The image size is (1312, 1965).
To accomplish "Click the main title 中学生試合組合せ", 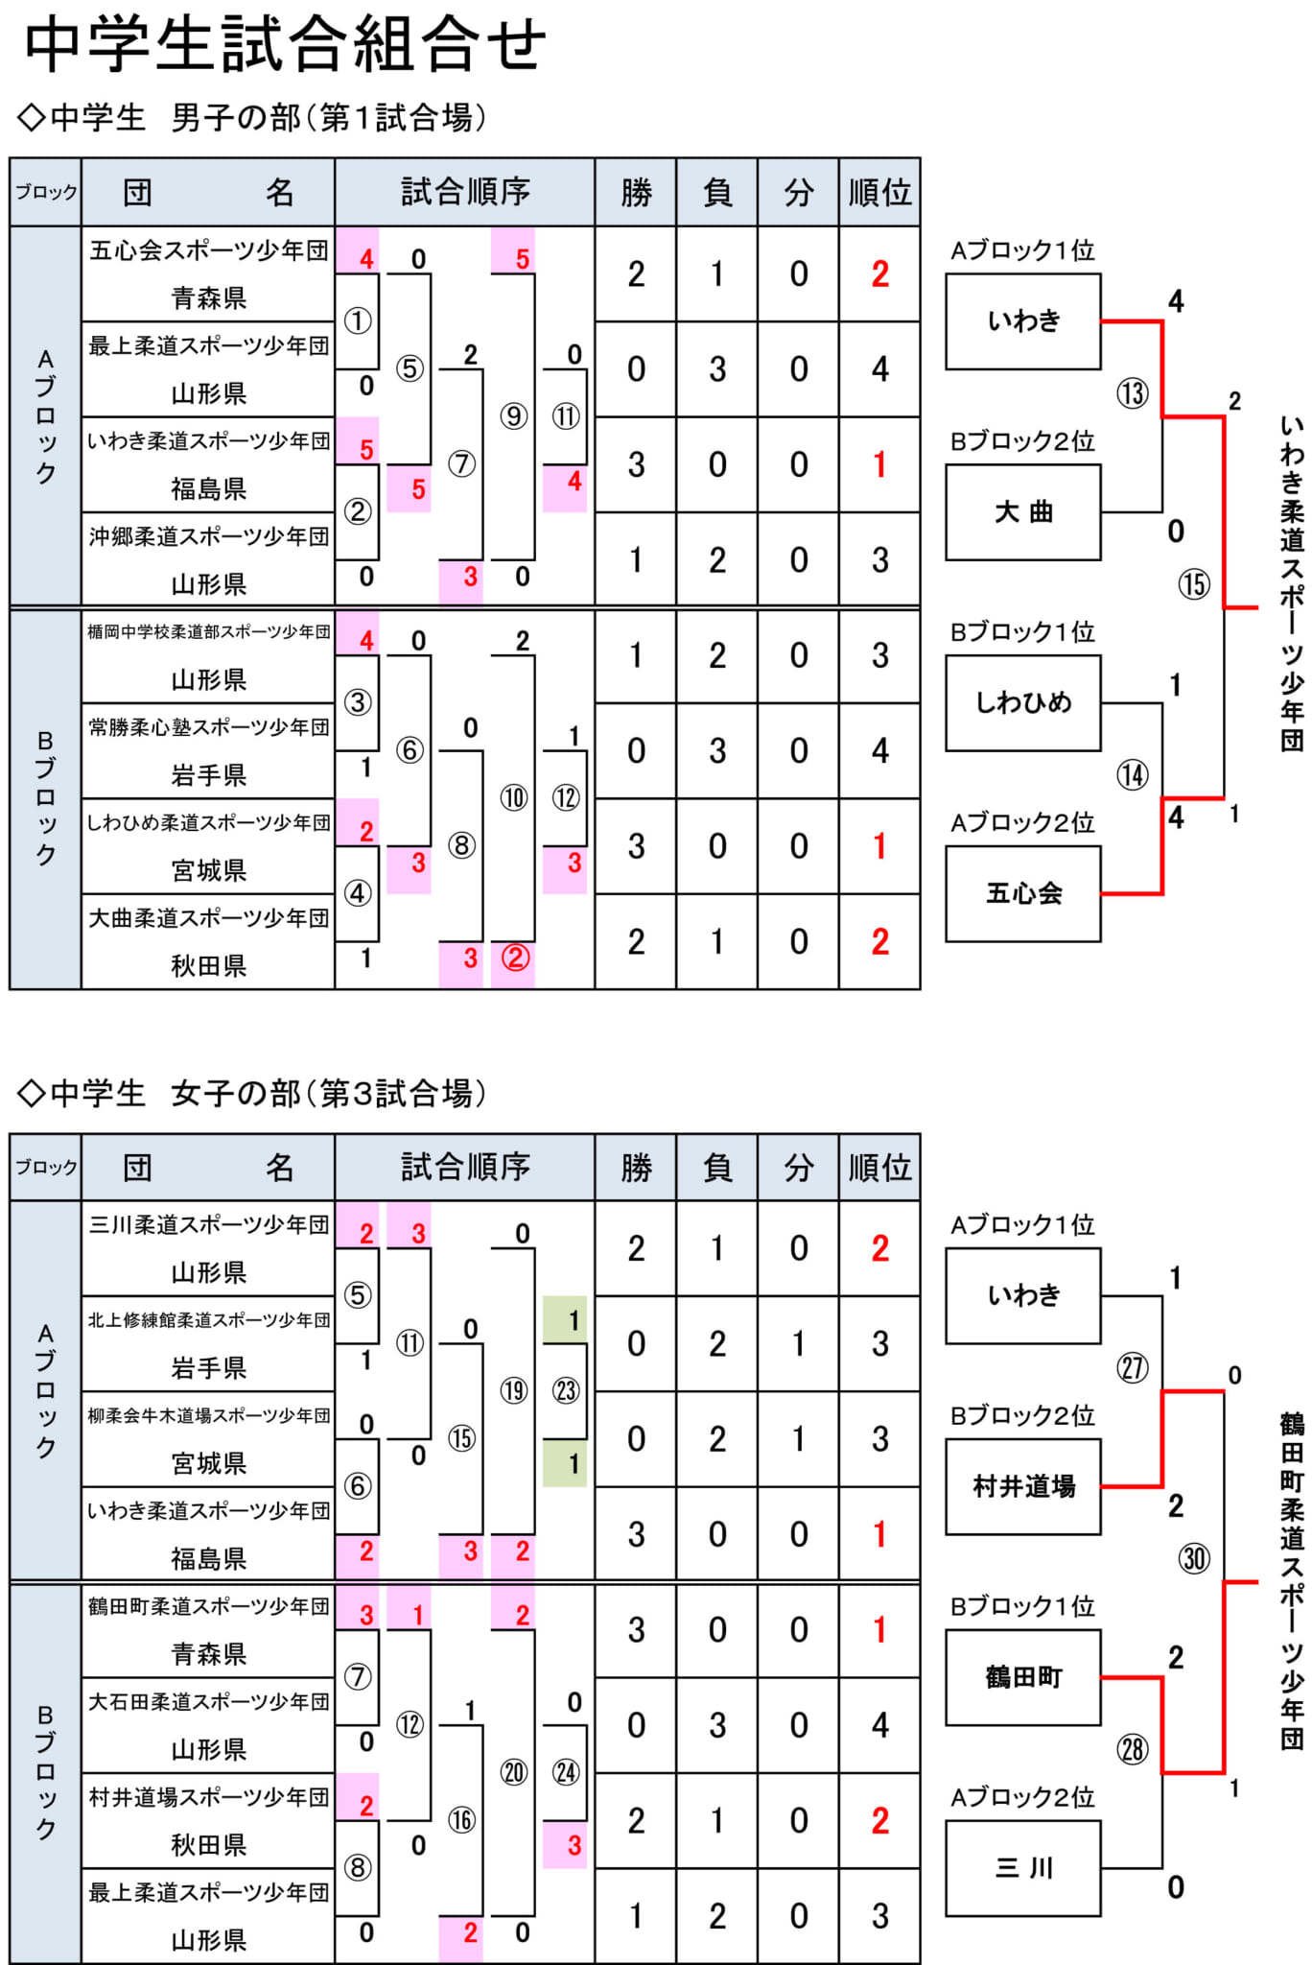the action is pos(285,45).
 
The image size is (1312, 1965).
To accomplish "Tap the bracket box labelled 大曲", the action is pos(1023,512).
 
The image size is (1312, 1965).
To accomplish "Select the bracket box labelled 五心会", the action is pos(1023,893).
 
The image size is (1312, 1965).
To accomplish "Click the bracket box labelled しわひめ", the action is pos(1023,702).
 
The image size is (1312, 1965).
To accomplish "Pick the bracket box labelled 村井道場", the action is pos(1023,1486).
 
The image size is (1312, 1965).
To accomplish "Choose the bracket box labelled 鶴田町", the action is pos(1023,1677).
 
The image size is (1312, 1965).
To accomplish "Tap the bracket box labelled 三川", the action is pos(1023,1868).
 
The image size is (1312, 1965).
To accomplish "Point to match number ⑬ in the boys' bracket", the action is pos(1133,392).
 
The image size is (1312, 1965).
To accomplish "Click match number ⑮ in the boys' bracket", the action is pos(1194,584).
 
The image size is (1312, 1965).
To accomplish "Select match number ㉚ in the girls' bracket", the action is pos(1194,1558).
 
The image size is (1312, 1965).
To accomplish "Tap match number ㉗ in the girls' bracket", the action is pos(1133,1367).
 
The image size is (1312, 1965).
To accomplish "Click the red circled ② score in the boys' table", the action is pos(516,958).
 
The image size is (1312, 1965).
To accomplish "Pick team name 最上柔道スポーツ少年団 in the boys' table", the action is pos(209,345).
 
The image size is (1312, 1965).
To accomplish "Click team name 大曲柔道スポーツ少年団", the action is pos(209,918).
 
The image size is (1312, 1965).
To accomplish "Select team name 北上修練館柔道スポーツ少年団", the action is pos(209,1320).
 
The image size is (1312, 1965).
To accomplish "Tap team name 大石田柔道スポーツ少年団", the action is pos(209,1701).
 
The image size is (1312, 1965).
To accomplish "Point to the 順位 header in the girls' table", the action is pos(879,1167).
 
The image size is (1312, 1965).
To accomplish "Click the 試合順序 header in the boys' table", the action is pos(465,192).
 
